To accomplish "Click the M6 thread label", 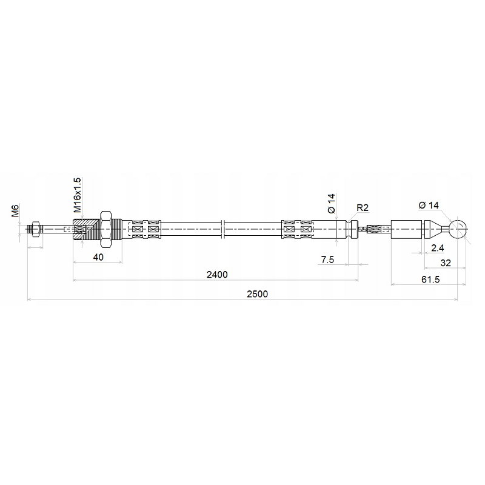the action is [16, 210].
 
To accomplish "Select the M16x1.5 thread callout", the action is [78, 195].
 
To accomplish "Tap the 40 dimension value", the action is [98, 257].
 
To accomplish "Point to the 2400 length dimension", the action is [217, 275].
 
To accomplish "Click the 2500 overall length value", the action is [257, 294].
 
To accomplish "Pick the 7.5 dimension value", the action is [327, 259].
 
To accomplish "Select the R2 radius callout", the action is [363, 208].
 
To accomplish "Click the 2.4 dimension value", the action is [438, 248].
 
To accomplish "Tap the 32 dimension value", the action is [446, 263].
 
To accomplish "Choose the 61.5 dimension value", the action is [430, 279].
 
